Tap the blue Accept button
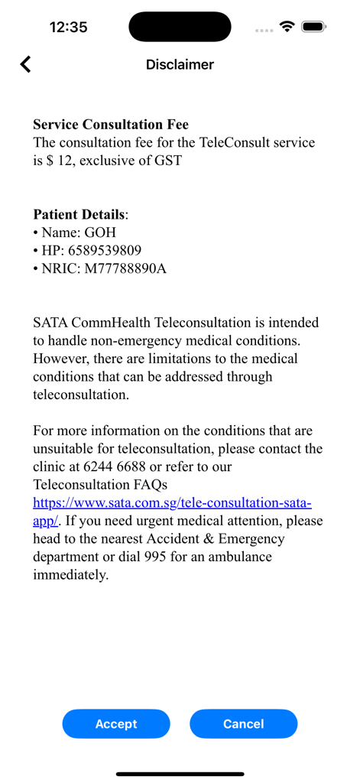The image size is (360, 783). click(x=116, y=723)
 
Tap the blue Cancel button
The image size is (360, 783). click(x=243, y=723)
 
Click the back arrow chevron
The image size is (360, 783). click(x=26, y=64)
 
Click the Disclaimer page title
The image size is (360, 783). click(x=180, y=65)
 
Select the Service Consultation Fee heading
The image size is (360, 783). click(x=111, y=125)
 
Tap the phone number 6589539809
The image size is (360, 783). click(x=104, y=250)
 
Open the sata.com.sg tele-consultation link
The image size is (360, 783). click(x=172, y=502)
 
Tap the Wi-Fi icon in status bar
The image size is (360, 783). click(x=287, y=27)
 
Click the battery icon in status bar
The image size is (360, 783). click(x=313, y=27)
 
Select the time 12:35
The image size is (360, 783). click(x=68, y=28)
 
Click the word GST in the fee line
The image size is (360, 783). click(x=167, y=161)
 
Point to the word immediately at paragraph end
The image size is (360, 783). click(x=70, y=575)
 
